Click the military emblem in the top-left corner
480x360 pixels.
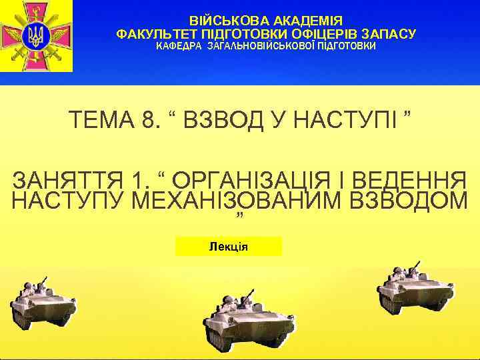point(36,36)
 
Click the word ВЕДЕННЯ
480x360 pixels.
point(408,181)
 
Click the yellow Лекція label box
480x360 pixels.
point(228,247)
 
